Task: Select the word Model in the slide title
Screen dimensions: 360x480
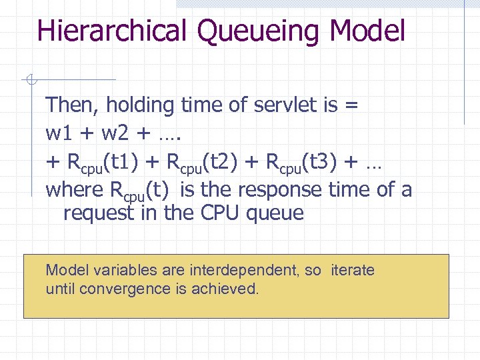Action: tap(367, 31)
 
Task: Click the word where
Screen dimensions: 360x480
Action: tap(70, 190)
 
